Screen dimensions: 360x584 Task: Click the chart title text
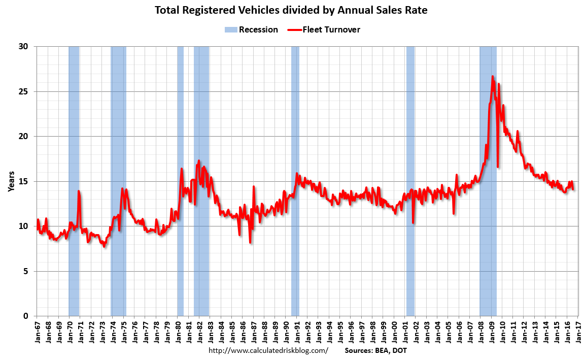click(291, 10)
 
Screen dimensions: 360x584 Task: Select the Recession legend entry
click(252, 29)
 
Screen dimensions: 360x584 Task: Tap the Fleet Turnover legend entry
click(324, 29)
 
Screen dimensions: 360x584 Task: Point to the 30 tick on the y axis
click(24, 47)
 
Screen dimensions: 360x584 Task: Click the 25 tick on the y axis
click(24, 91)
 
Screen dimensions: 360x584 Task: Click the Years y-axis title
click(11, 181)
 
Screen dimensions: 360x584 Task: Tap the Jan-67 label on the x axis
click(37, 331)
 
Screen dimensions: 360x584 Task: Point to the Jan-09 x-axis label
click(492, 331)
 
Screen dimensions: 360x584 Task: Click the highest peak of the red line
click(492, 77)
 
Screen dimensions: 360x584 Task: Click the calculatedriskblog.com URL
click(268, 351)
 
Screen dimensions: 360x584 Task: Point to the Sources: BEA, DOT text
click(375, 351)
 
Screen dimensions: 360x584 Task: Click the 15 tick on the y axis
click(24, 181)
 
